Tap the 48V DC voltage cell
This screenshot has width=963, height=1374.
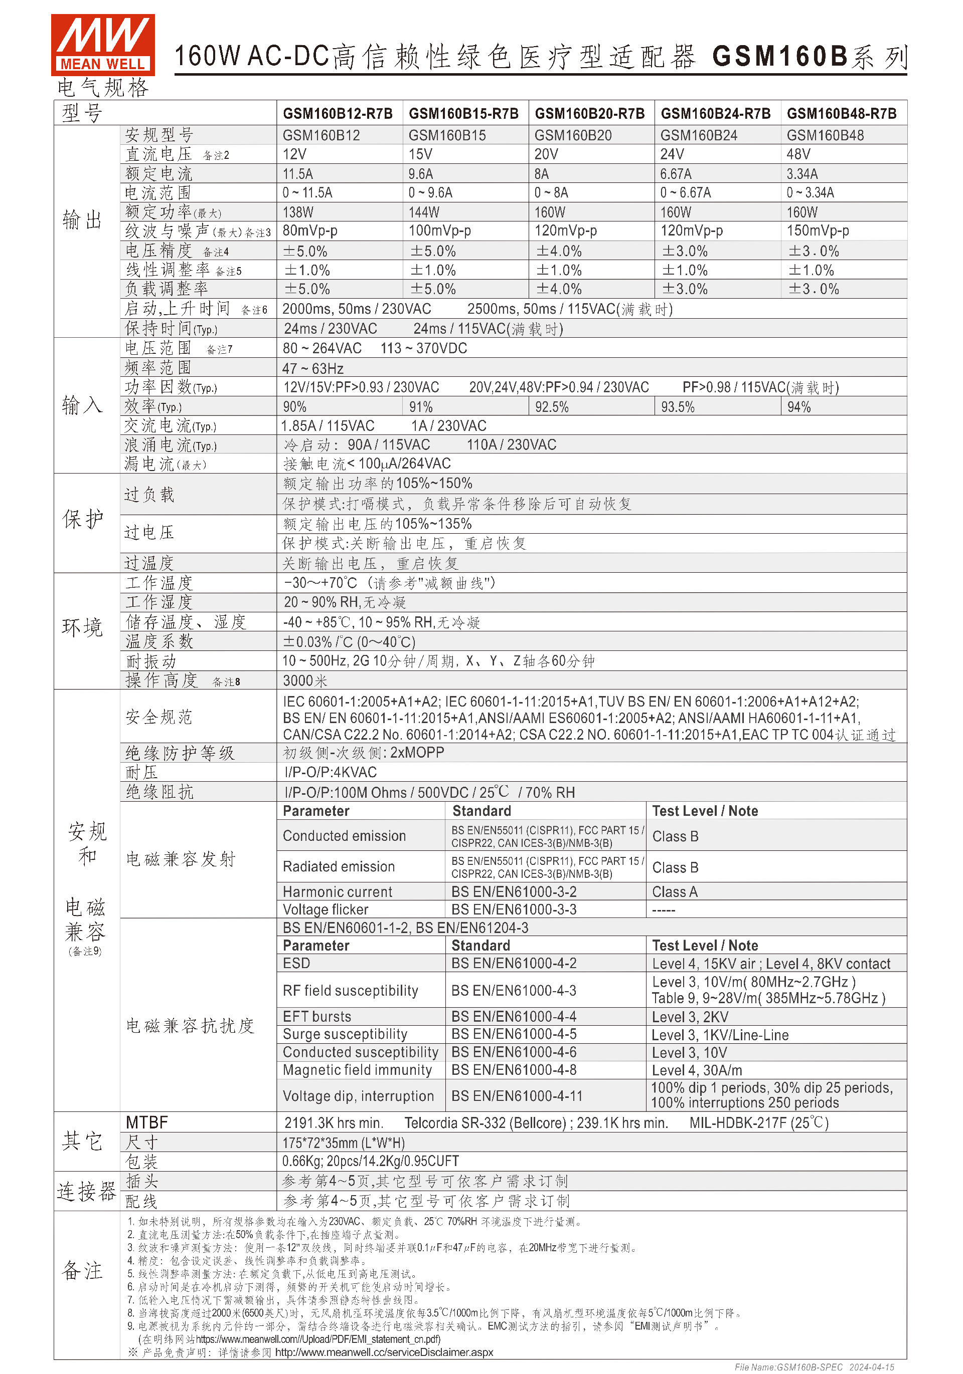[798, 154]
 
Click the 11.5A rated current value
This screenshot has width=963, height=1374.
[297, 174]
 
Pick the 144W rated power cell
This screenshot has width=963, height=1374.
[423, 212]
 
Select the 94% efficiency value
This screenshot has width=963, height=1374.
[798, 407]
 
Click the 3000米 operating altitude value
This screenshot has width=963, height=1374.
[305, 681]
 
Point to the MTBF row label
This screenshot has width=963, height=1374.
[147, 1122]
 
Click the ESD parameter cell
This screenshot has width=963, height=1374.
[296, 964]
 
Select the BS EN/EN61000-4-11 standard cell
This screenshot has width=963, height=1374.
[516, 1096]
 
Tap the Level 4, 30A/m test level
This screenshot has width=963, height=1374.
[697, 1070]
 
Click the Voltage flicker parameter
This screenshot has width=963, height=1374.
[325, 909]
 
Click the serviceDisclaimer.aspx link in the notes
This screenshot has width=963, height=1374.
[384, 1352]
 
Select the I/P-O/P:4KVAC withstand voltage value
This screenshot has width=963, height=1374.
[330, 773]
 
